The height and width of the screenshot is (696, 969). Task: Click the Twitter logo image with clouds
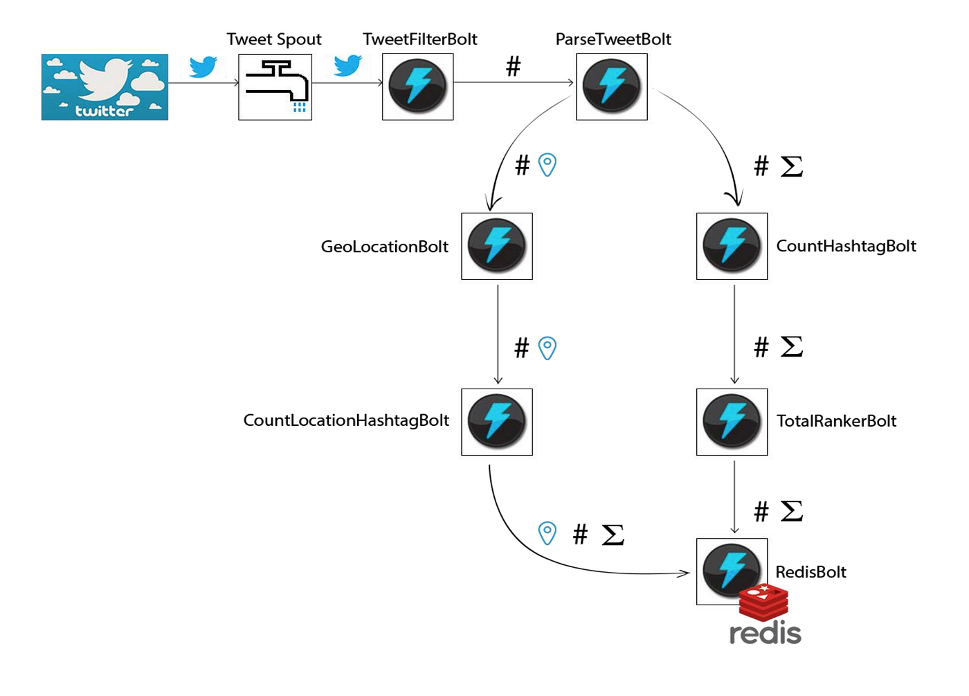click(x=105, y=87)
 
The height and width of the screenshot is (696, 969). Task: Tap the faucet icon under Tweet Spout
click(x=275, y=87)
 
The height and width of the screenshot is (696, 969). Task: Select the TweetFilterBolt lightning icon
click(x=417, y=87)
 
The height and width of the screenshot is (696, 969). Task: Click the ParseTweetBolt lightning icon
click(x=612, y=87)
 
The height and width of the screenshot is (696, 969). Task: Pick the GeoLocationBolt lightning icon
click(x=497, y=246)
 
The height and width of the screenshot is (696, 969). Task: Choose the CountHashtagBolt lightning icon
click(x=732, y=246)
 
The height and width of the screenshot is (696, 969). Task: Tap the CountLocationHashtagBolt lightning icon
click(x=497, y=422)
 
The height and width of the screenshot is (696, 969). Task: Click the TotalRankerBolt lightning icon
click(x=732, y=422)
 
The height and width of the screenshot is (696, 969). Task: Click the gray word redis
click(x=766, y=633)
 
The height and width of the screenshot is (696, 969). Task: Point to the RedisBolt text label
click(x=810, y=572)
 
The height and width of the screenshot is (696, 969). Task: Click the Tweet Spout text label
click(x=274, y=39)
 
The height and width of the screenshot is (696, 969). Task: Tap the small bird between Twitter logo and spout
click(x=203, y=67)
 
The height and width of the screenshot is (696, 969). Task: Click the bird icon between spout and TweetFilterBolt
click(x=347, y=66)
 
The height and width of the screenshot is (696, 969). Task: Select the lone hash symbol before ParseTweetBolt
click(x=513, y=67)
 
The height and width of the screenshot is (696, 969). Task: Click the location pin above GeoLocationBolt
click(x=547, y=165)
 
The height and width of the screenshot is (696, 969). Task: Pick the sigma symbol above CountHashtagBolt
click(x=792, y=166)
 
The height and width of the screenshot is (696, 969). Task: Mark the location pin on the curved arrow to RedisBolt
click(x=547, y=533)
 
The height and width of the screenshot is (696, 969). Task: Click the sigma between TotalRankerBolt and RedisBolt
click(x=792, y=512)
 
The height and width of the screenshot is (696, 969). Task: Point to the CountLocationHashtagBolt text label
click(x=346, y=420)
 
